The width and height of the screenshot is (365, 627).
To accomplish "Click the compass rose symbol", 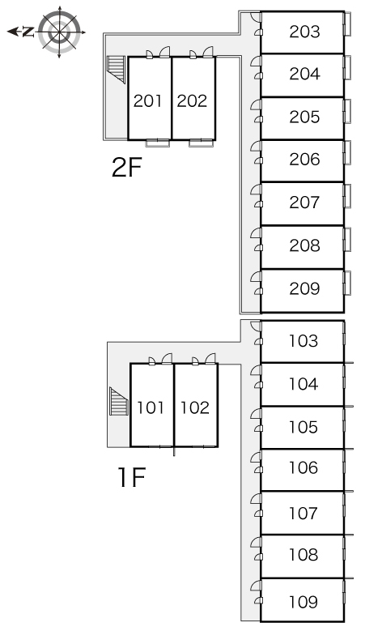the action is (x=59, y=32).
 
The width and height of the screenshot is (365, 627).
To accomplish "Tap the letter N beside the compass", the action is (x=28, y=32).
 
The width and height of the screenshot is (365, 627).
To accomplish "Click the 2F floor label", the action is (x=126, y=168).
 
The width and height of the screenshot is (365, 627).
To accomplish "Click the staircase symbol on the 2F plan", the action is (x=117, y=69).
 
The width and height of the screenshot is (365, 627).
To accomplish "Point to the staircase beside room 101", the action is (x=119, y=401).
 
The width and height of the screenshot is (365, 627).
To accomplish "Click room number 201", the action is (x=148, y=100).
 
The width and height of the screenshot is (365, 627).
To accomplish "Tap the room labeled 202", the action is (x=192, y=100).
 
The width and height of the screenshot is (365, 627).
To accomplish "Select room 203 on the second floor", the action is (x=304, y=32).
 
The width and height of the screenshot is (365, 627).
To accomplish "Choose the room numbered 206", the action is (x=304, y=159).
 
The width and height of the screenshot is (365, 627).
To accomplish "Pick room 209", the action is (x=304, y=288).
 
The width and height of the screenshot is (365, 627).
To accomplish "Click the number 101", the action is (x=151, y=407).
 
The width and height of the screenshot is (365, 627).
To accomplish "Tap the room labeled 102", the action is (x=195, y=407).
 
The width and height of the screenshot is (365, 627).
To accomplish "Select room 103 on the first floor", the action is (x=303, y=341).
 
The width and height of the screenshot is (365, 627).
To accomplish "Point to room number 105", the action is (x=303, y=427).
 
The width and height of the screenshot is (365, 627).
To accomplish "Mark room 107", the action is (x=303, y=513).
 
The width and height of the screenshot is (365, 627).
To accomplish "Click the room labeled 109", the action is (x=303, y=601).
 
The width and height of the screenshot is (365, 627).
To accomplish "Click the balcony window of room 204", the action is (x=347, y=67).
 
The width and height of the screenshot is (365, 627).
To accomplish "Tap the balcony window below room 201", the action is (x=157, y=143).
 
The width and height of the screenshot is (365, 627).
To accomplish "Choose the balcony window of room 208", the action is (x=347, y=239).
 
